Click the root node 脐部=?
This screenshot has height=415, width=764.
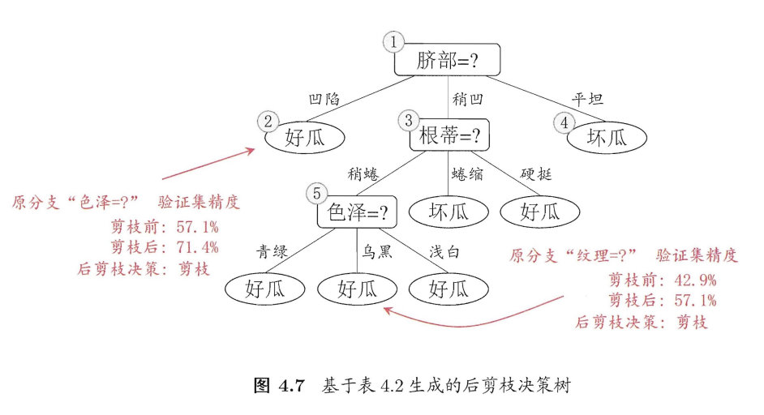[x=448, y=60]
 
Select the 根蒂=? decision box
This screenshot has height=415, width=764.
[x=449, y=137]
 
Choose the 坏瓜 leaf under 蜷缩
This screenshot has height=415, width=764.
[x=449, y=212]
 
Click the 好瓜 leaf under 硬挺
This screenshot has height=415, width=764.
[x=540, y=212]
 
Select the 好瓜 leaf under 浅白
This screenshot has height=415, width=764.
[x=449, y=288]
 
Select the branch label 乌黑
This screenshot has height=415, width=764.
[x=377, y=251]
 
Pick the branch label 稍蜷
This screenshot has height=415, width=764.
[x=364, y=173]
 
